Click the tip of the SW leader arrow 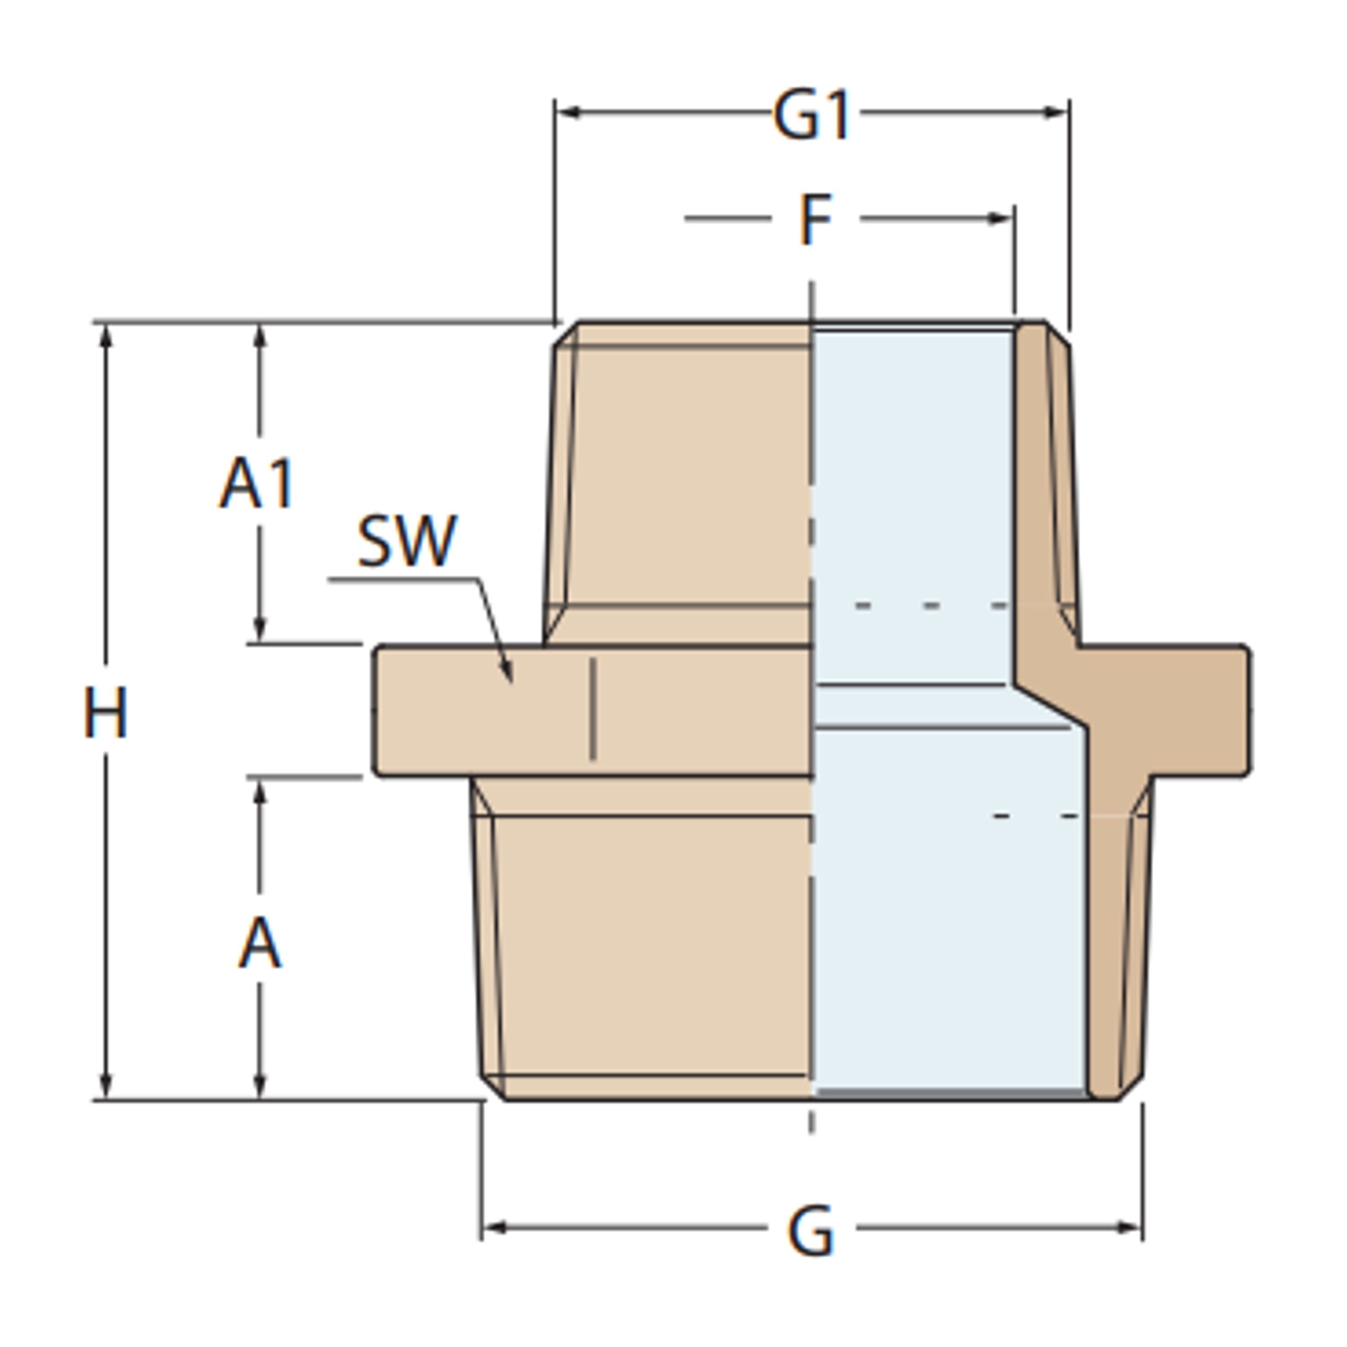click(x=511, y=682)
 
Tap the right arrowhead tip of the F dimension click(x=1012, y=218)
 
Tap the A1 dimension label click(x=256, y=483)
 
